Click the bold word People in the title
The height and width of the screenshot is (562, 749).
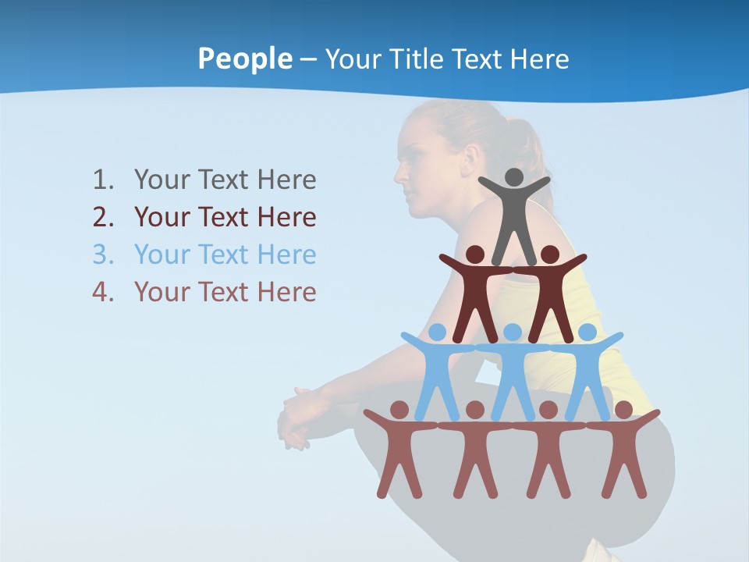244,59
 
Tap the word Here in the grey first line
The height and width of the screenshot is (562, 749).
286,180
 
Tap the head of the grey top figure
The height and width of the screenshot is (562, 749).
513,177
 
